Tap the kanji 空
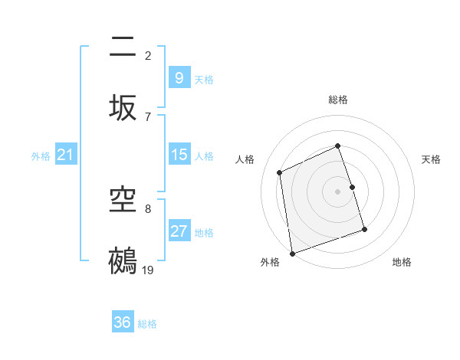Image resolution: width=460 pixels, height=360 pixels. coord(123,201)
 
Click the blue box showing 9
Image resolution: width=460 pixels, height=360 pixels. coord(179,78)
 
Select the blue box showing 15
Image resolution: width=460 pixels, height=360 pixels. coord(179,155)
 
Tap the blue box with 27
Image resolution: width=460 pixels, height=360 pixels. coord(179,231)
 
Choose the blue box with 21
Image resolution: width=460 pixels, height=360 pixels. coord(65,155)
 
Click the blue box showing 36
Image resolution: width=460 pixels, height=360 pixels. coord(123,322)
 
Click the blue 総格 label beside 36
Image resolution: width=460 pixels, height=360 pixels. coord(147,324)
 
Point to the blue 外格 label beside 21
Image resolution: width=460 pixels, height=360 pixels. coord(41,156)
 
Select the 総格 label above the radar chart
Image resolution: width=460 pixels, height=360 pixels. coord(337,100)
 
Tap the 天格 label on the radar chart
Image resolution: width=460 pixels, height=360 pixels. coord(431,159)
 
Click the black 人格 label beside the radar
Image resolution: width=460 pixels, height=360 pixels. coord(245,159)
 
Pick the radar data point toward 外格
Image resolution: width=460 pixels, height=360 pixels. coord(291,253)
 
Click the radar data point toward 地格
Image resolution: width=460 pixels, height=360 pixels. coord(364,229)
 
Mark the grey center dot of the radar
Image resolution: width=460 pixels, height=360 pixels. coord(337,191)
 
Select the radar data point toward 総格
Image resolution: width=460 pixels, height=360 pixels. coord(337,146)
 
